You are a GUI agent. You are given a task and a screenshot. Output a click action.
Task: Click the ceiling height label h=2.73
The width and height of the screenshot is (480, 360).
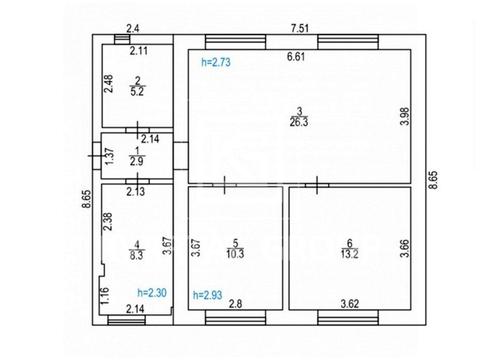tap(216, 62)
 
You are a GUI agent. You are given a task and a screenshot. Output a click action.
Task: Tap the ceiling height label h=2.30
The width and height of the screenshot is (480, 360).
tap(152, 293)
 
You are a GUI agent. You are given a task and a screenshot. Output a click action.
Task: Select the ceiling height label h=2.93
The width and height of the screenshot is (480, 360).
tap(208, 295)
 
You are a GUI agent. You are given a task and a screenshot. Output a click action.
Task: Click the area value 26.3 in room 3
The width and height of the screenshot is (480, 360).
tap(299, 122)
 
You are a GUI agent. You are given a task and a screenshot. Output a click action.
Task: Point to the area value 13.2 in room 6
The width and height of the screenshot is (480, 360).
tap(349, 254)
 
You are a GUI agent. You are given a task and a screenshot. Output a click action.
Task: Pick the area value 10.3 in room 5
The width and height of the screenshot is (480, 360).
tap(235, 254)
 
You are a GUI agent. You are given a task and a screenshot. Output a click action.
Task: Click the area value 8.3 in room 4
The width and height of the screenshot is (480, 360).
tap(137, 255)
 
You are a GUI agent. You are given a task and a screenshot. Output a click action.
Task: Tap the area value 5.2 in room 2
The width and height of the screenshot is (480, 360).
tap(137, 91)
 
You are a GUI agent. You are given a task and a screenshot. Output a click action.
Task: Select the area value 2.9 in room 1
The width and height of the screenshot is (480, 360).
tap(137, 161)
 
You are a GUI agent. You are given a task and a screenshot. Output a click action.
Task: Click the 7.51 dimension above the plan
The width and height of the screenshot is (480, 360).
tap(300, 28)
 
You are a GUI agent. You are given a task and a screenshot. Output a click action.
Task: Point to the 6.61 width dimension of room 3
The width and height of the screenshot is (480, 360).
tap(296, 56)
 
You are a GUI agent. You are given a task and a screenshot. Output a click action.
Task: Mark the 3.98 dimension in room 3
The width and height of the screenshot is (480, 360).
tap(405, 116)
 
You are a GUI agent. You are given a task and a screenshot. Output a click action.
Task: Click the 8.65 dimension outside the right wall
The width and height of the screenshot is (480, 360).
tap(433, 180)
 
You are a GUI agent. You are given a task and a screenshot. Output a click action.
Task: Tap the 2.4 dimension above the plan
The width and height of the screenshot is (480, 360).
tap(132, 29)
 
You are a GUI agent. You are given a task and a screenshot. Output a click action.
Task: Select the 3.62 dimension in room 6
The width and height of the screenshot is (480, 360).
tap(350, 304)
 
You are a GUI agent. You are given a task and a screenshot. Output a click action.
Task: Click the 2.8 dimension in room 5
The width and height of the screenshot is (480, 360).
tap(235, 304)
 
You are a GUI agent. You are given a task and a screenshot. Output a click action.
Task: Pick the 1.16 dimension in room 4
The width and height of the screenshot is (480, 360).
tap(105, 295)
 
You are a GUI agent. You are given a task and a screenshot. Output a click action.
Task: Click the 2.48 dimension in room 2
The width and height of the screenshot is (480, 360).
tap(108, 83)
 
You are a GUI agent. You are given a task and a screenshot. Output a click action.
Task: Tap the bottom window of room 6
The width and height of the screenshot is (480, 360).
tap(348, 318)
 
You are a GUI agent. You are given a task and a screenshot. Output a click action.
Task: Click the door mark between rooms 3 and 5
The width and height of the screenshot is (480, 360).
tap(225, 185)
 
